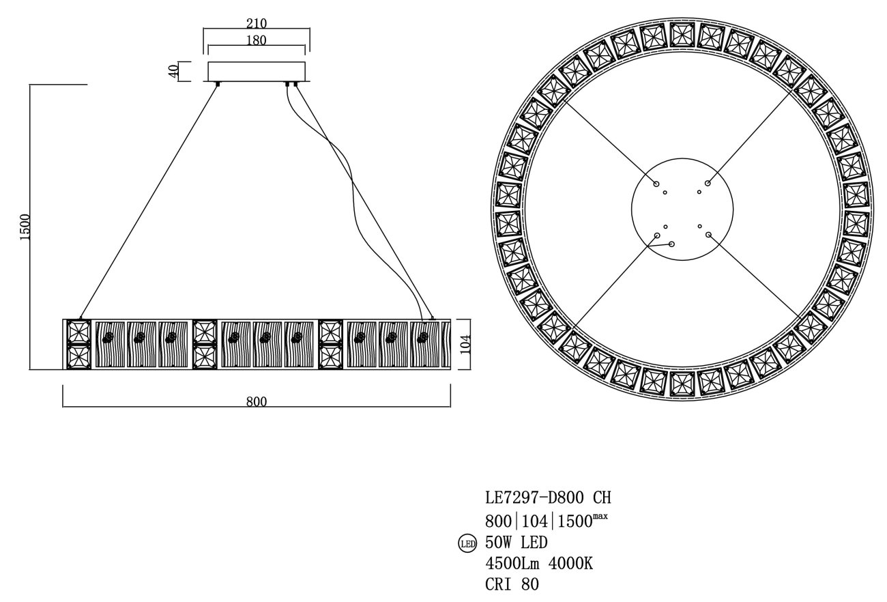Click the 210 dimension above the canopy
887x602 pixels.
[257, 23]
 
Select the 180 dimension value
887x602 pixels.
[257, 40]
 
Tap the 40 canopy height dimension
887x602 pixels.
[173, 72]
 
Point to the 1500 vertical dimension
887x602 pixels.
[24, 227]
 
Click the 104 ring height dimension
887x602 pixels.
[465, 344]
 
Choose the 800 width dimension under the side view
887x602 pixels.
[257, 401]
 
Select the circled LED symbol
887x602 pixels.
[467, 544]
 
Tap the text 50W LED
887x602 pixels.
[517, 542]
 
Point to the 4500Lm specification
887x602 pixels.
[512, 563]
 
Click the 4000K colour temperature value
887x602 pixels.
[570, 563]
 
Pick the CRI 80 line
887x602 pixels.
[512, 584]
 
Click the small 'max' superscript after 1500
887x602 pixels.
[600, 517]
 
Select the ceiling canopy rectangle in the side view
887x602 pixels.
[257, 72]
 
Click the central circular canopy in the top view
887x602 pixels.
[682, 210]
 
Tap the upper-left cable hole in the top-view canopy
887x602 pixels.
[656, 184]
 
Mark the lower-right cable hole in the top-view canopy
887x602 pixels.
[708, 235]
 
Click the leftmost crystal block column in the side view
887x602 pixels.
[78, 344]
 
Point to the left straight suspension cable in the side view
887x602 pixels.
[149, 201]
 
